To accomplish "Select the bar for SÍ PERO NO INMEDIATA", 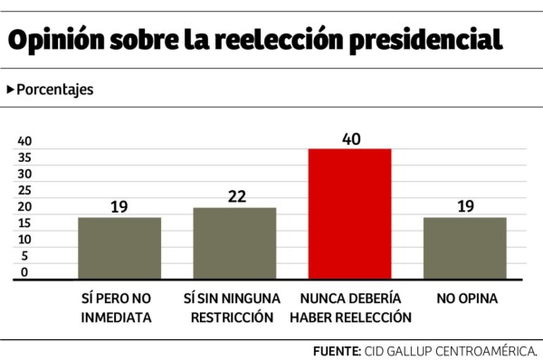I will click(x=119, y=248).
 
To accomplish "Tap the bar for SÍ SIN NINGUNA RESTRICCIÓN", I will click(x=234, y=243).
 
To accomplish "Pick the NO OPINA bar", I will click(x=464, y=248).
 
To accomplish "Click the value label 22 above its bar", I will click(x=234, y=196).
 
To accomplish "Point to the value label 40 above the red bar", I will click(x=349, y=137).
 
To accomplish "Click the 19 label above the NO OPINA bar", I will click(x=464, y=206).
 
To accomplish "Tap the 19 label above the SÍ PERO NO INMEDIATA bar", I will click(x=119, y=206).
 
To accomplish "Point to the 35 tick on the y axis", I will click(x=24, y=157).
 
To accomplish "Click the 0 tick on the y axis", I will click(x=24, y=272).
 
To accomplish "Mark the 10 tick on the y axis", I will click(x=24, y=240).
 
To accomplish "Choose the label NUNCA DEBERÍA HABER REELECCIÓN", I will click(x=349, y=308).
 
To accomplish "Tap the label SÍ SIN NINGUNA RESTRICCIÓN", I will click(x=234, y=308).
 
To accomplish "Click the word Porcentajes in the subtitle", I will click(x=54, y=90).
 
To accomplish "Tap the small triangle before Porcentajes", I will click(x=11, y=90).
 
